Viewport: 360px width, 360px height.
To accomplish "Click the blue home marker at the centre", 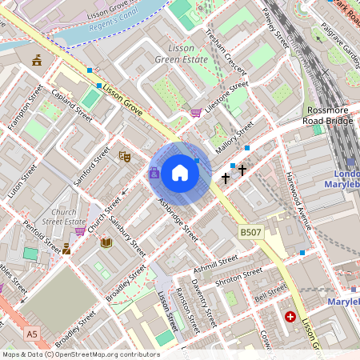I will tap(180, 172).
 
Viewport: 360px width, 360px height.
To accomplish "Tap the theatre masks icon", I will tap(124, 158).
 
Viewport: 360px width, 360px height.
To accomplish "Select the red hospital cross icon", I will tap(290, 318).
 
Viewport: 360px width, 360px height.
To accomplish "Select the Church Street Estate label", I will tap(64, 216).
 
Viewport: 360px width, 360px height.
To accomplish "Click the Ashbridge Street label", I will tap(178, 221).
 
